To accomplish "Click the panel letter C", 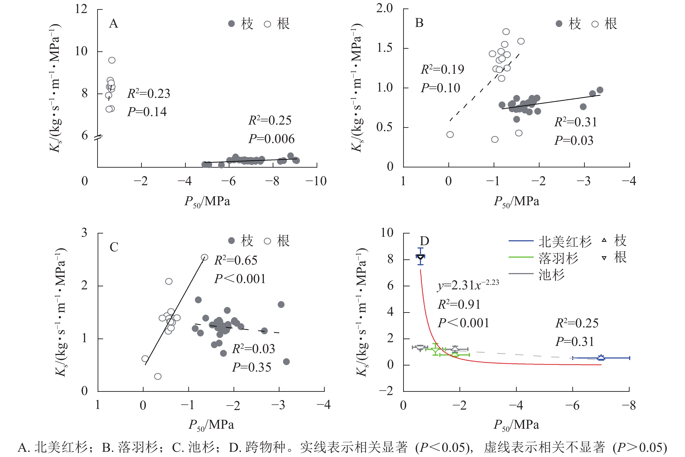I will tap(114, 247).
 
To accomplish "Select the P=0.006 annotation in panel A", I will tap(271, 139).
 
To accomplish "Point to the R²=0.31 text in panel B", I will tap(575, 122).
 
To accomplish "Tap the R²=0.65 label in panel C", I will tap(236, 260).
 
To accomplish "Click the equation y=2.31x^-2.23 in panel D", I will tap(468, 285).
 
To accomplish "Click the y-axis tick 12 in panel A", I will tap(81, 9).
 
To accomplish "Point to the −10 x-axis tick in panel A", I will tap(316, 181).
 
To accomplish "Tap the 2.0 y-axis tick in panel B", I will tap(384, 8).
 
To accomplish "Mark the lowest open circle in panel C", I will tap(158, 376).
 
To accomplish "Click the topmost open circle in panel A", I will tap(112, 60).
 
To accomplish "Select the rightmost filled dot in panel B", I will tap(600, 90).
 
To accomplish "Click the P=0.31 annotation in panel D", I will tap(575, 342).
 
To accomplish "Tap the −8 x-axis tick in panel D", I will tap(628, 405).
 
